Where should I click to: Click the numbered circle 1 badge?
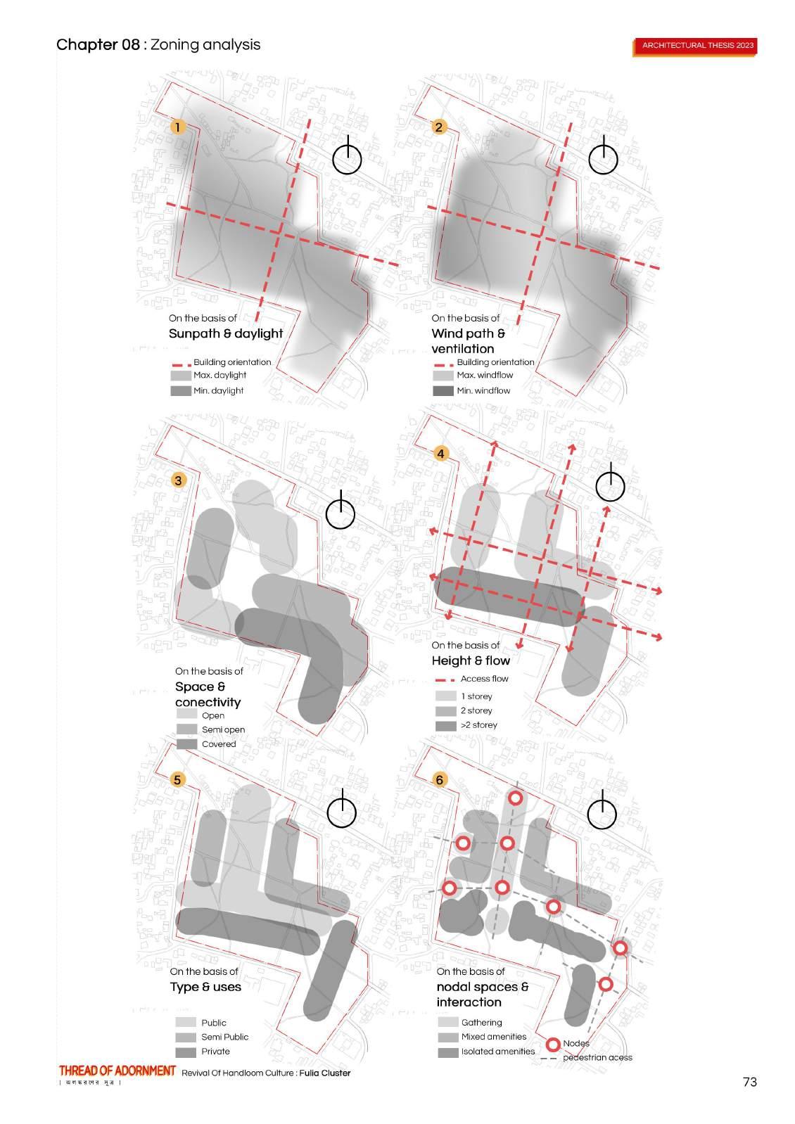click(x=178, y=127)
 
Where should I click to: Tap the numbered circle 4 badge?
click(x=440, y=454)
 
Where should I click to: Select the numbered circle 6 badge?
click(x=440, y=779)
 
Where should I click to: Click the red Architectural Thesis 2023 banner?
click(x=697, y=46)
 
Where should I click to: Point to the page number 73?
click(x=749, y=1082)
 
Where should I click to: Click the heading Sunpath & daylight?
click(x=225, y=333)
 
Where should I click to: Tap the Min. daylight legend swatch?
click(x=181, y=390)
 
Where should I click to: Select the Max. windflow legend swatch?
click(x=443, y=376)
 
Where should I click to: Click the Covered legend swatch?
click(x=186, y=744)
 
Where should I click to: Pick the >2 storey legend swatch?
click(x=446, y=725)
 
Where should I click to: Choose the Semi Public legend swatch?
click(x=186, y=1037)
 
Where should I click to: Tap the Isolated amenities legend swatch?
click(x=448, y=1052)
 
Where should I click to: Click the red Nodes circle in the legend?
click(x=553, y=1045)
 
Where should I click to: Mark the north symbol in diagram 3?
click(x=341, y=511)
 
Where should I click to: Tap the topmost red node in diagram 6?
click(x=516, y=798)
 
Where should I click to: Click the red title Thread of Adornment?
click(x=117, y=1071)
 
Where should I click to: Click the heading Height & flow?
click(x=471, y=660)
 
